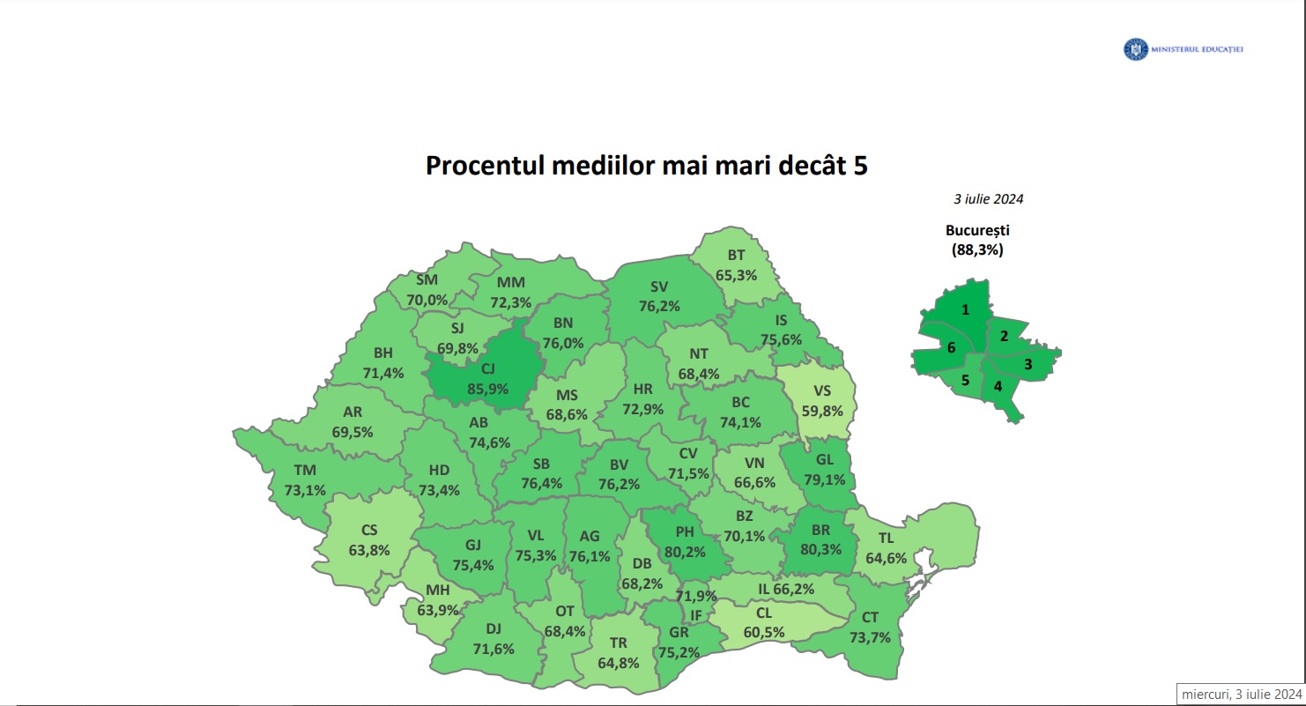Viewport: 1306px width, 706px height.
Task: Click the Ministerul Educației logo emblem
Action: click(1134, 50)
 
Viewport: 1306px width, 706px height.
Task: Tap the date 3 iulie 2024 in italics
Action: click(988, 199)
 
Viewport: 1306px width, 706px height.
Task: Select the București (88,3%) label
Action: click(977, 240)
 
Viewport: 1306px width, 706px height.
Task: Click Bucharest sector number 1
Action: click(966, 310)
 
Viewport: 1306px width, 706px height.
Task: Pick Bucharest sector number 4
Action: click(998, 386)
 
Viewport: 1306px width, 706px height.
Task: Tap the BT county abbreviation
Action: click(737, 256)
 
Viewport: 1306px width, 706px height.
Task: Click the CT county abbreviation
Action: click(870, 619)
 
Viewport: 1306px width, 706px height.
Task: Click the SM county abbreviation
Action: click(427, 280)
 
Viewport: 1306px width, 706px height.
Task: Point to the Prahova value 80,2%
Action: click(685, 552)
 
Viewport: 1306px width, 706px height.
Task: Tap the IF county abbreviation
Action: click(695, 615)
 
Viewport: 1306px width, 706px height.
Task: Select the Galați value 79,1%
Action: click(824, 480)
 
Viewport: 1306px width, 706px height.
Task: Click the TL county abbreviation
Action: click(886, 539)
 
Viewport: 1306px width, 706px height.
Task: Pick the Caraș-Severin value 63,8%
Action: click(369, 551)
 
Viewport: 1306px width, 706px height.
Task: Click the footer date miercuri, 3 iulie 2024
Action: click(1241, 694)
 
